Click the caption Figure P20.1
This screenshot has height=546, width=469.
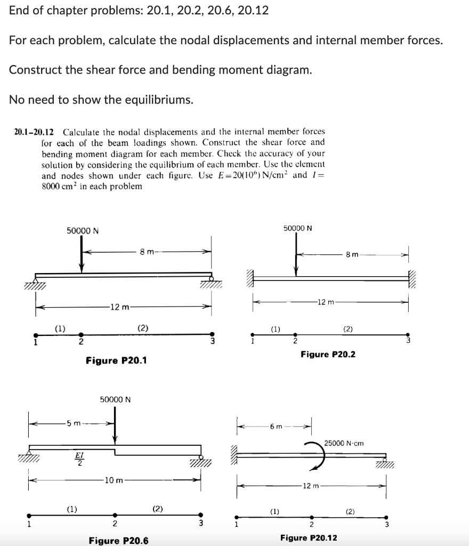pos(116,361)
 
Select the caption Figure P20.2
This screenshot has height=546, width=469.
pos(328,354)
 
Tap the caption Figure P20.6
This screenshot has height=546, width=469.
pos(118,541)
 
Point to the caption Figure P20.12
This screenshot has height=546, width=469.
pos(309,537)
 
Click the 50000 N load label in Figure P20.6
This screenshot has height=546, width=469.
pos(116,399)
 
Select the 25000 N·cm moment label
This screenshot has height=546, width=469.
pos(344,443)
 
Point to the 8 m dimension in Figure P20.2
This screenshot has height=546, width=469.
pos(352,255)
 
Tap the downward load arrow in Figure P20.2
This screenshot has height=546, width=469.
pos(296,256)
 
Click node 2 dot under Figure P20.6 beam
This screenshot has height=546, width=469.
pos(115,516)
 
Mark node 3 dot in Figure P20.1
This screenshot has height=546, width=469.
pos(212,333)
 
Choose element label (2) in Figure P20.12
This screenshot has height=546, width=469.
pos(350,512)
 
